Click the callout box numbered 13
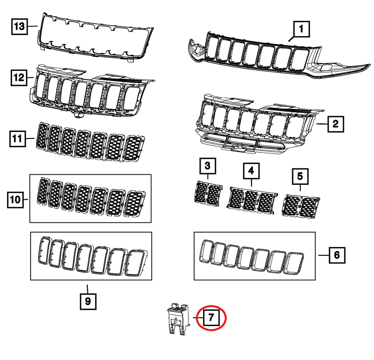click(x=19, y=27)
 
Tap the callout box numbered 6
click(x=337, y=255)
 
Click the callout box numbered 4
click(x=251, y=171)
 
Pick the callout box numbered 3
click(x=207, y=166)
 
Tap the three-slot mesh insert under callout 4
click(x=252, y=199)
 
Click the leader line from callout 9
click(x=88, y=287)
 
